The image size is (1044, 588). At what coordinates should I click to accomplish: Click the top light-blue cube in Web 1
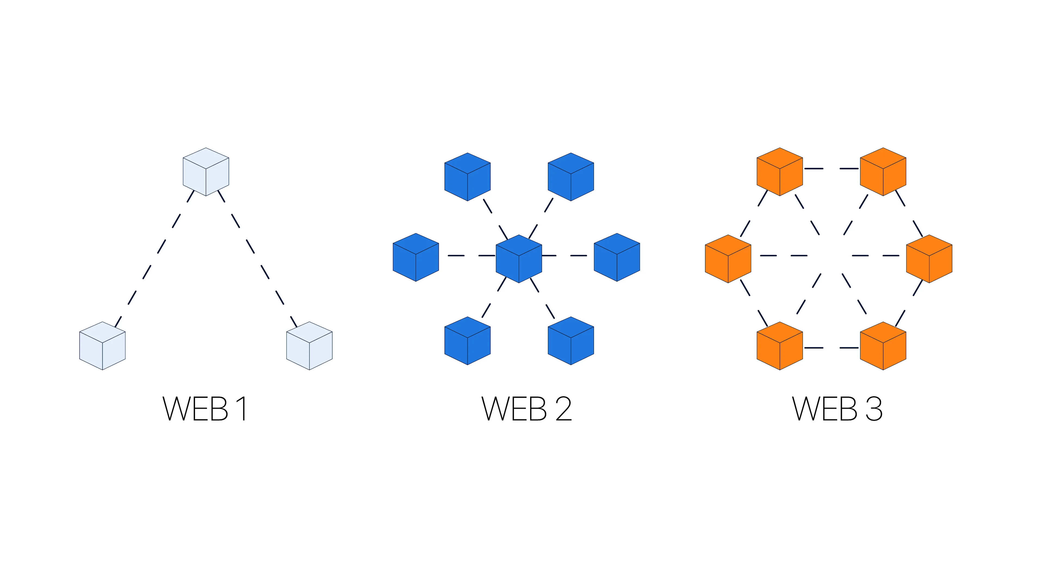[x=206, y=172]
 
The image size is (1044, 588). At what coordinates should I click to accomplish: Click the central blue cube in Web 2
[x=519, y=259]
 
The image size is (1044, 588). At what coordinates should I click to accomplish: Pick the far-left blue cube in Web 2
[x=416, y=257]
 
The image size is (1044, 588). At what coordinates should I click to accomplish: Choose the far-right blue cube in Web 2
[x=617, y=257]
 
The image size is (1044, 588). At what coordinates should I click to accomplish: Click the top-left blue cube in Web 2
[x=467, y=177]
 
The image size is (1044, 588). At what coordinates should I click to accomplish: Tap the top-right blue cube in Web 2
[x=571, y=177]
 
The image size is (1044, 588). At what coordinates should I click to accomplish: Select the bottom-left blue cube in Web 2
[x=467, y=341]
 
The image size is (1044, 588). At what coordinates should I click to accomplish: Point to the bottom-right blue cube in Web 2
[x=571, y=341]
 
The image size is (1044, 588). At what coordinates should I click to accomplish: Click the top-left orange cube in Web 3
[x=780, y=172]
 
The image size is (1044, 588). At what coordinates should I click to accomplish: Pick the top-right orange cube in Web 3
[x=883, y=172]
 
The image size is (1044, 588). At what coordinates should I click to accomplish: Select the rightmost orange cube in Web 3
[x=929, y=259]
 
